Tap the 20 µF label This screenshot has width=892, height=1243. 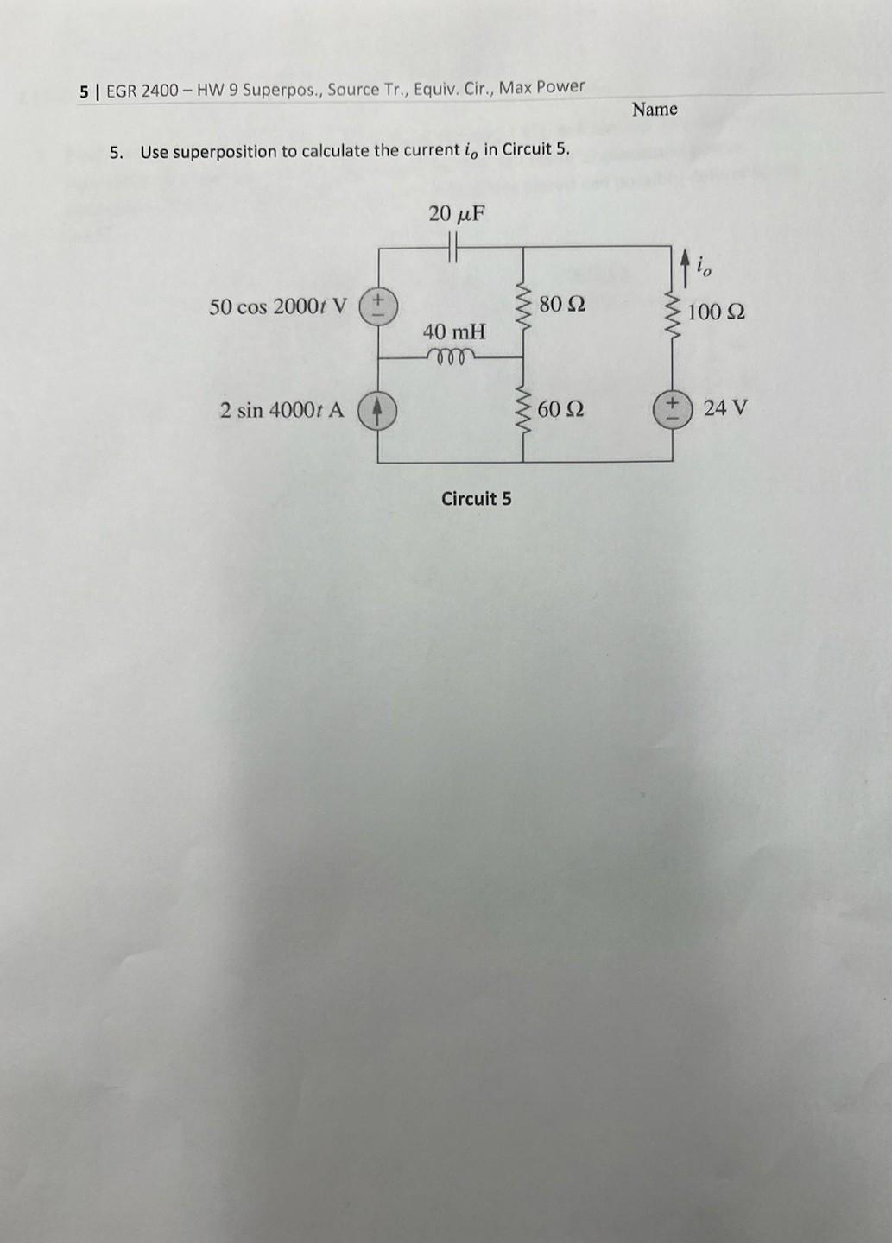(x=457, y=213)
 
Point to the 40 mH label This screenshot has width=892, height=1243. (x=454, y=331)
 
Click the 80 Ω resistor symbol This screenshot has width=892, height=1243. (x=522, y=303)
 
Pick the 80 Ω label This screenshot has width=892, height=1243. (x=562, y=304)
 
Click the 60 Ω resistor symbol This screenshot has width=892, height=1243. (x=522, y=408)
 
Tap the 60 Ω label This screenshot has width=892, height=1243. (x=560, y=409)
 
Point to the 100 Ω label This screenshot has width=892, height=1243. (x=717, y=312)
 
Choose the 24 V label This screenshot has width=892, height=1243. (x=725, y=407)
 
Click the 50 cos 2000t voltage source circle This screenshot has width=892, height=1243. (x=377, y=306)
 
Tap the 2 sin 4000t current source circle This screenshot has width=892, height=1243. (x=377, y=410)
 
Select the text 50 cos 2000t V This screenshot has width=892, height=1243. (x=278, y=306)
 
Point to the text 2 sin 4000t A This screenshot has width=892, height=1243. (x=282, y=410)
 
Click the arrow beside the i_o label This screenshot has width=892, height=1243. (x=685, y=267)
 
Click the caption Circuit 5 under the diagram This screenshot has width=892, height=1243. (x=476, y=499)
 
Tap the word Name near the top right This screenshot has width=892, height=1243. (x=655, y=110)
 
